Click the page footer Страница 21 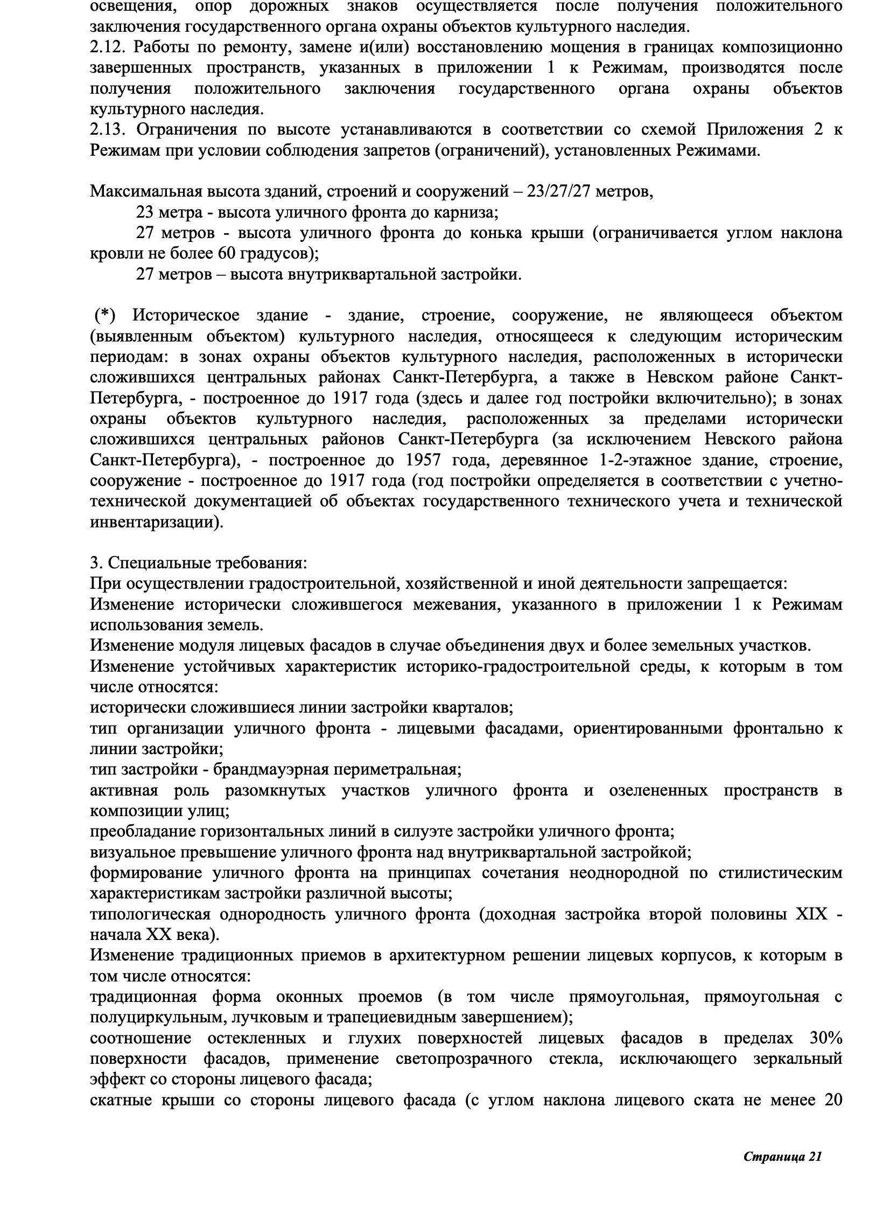783,1157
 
